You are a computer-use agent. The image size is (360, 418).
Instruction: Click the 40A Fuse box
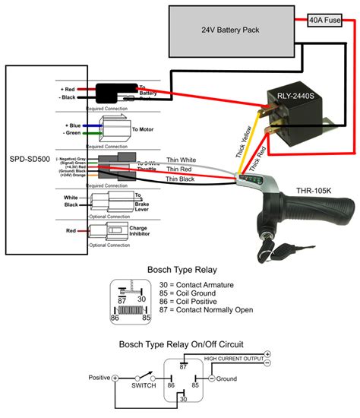pyautogui.click(x=324, y=21)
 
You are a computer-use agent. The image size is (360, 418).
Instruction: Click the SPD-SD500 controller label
pyautogui.click(x=30, y=160)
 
